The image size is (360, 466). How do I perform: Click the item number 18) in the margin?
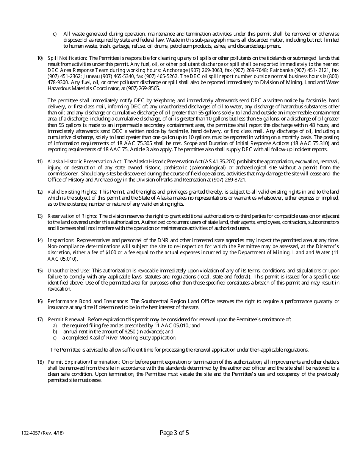click(x=40, y=362)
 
